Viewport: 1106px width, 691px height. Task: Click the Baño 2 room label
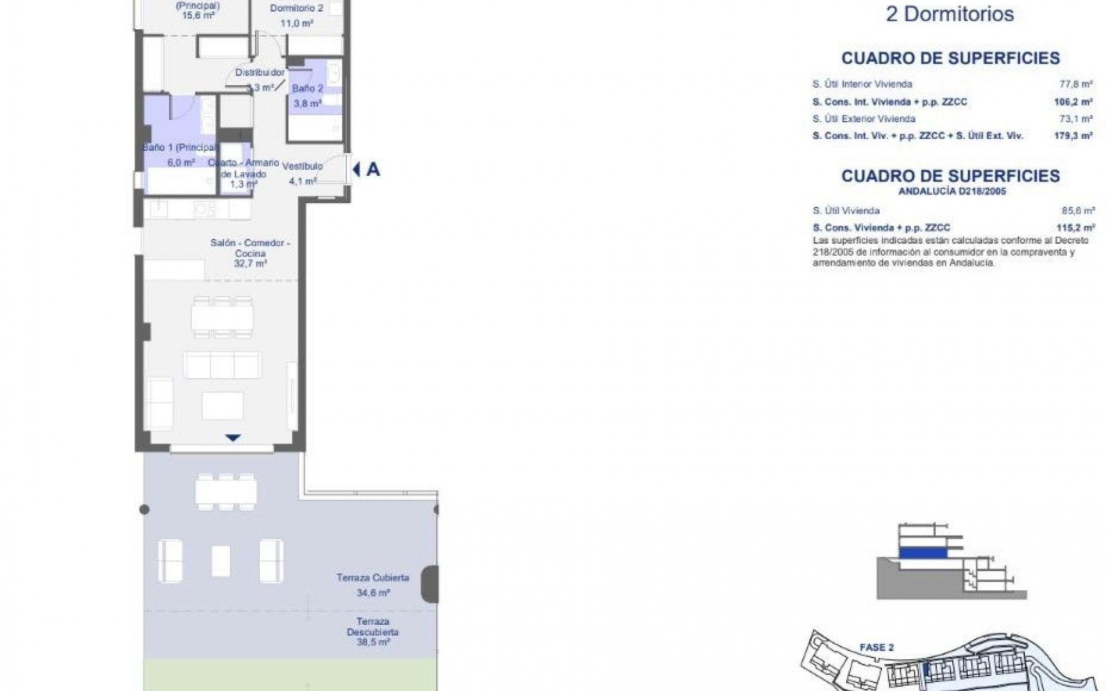tap(307, 89)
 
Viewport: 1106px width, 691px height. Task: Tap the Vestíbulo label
tap(302, 166)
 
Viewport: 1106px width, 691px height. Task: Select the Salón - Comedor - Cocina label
tap(250, 248)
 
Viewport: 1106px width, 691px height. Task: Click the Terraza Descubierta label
tap(373, 627)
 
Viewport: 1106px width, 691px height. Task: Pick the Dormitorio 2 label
tap(296, 9)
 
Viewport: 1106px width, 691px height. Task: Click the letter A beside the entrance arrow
tap(373, 169)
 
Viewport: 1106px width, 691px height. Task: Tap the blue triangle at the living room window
tap(232, 438)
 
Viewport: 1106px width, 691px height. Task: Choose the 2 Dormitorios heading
tap(949, 14)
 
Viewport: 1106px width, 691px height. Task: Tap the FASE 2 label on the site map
tap(876, 648)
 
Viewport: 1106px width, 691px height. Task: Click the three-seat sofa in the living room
tap(222, 365)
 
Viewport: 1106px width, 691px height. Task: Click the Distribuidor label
tap(260, 73)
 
